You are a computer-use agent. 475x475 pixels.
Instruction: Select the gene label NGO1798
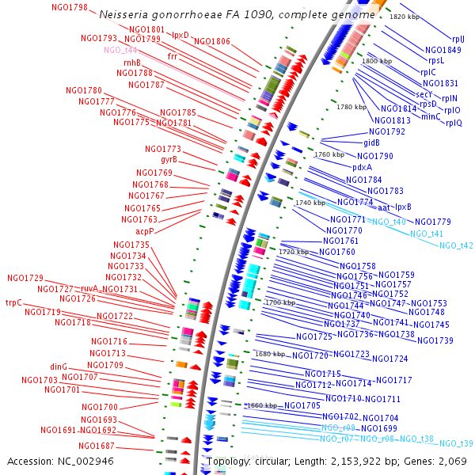[x=70, y=7]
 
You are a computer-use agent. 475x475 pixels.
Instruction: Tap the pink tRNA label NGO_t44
[x=120, y=49]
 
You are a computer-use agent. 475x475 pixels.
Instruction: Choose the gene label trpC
[x=13, y=302]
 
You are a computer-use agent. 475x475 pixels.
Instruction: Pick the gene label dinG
[x=59, y=367]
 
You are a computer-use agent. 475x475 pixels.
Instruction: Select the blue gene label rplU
[x=458, y=39]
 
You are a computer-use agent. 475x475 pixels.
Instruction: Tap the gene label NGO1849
[x=442, y=49]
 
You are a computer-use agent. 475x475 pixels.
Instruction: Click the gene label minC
[x=431, y=116]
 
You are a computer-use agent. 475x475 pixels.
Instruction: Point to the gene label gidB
[x=372, y=143]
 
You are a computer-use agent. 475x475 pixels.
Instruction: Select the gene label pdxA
[x=363, y=167]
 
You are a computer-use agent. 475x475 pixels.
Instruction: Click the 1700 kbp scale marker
[x=279, y=302]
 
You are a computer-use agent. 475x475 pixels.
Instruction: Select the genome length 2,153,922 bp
[x=365, y=461]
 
